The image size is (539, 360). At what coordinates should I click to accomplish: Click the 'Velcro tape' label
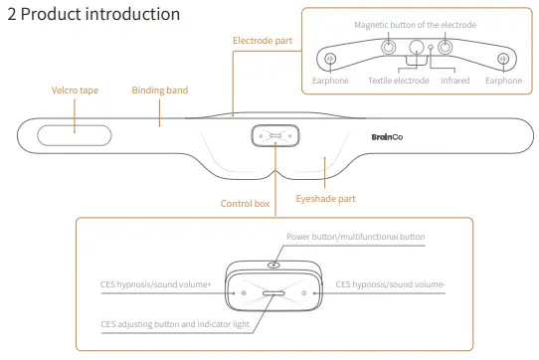(75, 90)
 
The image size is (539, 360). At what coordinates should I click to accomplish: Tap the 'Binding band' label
(160, 90)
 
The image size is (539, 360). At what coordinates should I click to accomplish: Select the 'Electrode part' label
(263, 41)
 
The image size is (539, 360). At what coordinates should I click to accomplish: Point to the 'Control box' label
(245, 204)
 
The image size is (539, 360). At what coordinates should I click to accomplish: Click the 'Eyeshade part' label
(325, 199)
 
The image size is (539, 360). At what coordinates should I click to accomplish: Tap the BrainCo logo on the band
(387, 137)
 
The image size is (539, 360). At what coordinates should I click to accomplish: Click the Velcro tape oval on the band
(75, 135)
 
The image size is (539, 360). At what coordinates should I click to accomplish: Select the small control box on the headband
(275, 136)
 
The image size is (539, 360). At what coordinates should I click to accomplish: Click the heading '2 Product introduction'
(93, 14)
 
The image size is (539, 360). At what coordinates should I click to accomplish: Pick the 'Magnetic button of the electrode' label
(416, 25)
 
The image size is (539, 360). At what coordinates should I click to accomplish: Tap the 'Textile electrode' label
(399, 81)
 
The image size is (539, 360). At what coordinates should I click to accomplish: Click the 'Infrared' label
(455, 81)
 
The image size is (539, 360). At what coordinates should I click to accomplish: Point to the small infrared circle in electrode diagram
(431, 47)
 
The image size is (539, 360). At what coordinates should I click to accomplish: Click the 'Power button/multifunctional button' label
(356, 237)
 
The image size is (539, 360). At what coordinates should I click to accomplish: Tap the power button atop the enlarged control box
(273, 266)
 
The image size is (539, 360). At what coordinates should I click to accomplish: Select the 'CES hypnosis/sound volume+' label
(155, 284)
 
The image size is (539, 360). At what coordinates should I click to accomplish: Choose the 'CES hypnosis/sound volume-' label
(390, 284)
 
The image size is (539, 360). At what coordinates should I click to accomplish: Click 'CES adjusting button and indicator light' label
(175, 324)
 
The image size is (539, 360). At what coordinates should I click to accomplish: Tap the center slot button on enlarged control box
(273, 293)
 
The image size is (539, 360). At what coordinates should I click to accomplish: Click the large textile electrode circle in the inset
(417, 47)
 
